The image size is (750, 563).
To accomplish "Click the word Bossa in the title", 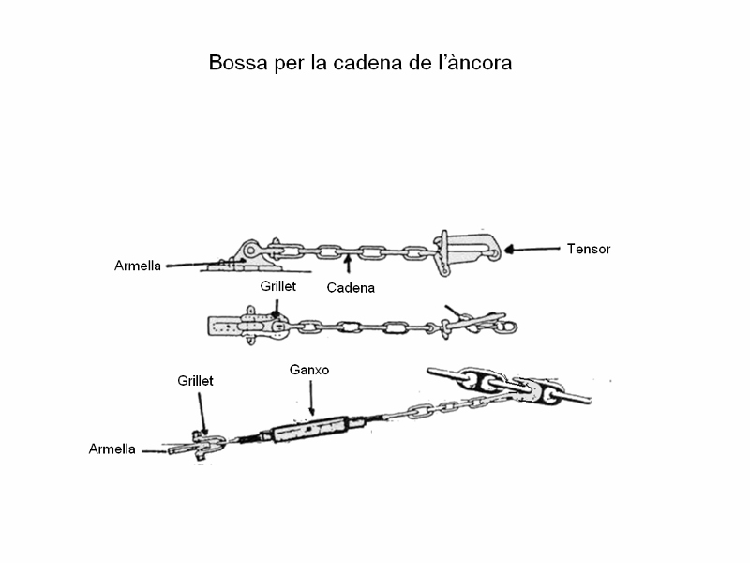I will pyautogui.click(x=236, y=64).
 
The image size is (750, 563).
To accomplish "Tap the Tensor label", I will pyautogui.click(x=588, y=249).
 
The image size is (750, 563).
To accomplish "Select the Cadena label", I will pyautogui.click(x=351, y=288).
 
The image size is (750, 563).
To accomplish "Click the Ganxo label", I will pyautogui.click(x=309, y=371).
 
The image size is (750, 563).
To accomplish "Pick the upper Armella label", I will pyautogui.click(x=138, y=266).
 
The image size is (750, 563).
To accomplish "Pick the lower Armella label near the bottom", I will pyautogui.click(x=112, y=449).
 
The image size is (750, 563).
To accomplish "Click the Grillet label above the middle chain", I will pyautogui.click(x=277, y=286).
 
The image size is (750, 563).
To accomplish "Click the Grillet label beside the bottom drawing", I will pyautogui.click(x=196, y=381).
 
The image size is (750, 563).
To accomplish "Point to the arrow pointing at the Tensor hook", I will pyautogui.click(x=531, y=250).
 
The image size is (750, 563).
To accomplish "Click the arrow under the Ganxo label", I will pyautogui.click(x=310, y=400).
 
